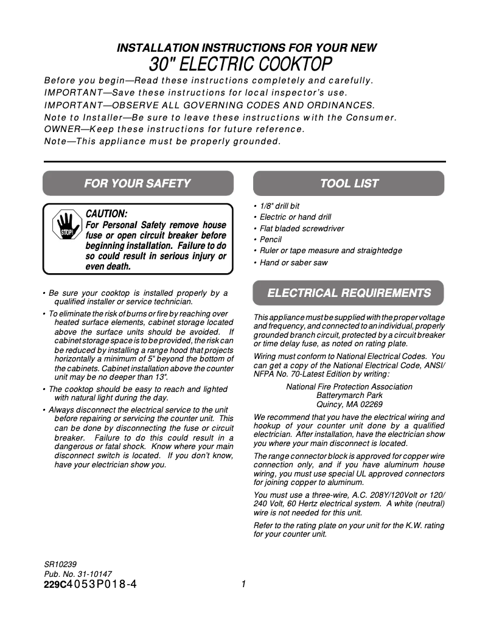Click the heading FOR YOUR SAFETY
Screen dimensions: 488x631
[x=138, y=183]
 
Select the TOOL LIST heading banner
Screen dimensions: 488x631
[x=349, y=183]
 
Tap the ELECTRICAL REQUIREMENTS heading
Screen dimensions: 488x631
[x=349, y=293]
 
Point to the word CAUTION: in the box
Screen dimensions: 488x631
[x=106, y=214]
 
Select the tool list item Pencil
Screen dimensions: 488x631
[x=270, y=240]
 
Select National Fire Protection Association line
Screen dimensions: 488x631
[x=349, y=387]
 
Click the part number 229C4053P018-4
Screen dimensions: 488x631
[x=90, y=584]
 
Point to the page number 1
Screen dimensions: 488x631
[x=243, y=584]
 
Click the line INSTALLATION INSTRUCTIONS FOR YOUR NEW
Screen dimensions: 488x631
[x=246, y=47]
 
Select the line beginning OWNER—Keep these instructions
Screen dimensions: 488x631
[x=173, y=130]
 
